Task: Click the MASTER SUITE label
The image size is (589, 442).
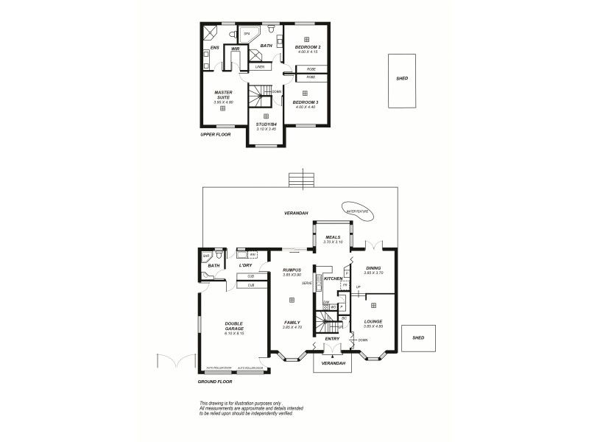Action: point(223,95)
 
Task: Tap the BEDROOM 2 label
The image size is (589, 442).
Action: point(307,46)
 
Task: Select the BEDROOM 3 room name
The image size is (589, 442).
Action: point(305,102)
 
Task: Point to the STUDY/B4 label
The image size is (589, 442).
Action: point(265,124)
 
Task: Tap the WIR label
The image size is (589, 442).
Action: point(235,49)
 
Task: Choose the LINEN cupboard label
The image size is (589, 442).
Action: point(260,67)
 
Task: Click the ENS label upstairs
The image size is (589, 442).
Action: point(214,49)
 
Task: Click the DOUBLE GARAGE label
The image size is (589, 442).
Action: point(234,325)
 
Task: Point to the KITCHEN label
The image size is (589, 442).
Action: point(333,278)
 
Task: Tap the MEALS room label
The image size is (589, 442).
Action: point(333,237)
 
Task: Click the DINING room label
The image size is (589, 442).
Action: point(373,269)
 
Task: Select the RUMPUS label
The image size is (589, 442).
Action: point(292,270)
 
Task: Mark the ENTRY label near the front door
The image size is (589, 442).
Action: point(332,338)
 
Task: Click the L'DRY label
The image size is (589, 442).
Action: point(245,265)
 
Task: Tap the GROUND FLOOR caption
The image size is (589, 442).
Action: point(215,382)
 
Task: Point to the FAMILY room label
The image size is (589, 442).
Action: point(292,322)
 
